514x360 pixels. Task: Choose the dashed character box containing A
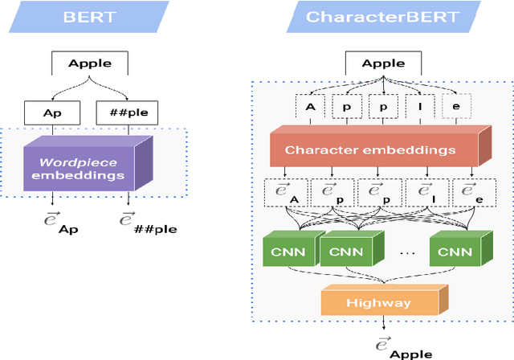tap(310, 105)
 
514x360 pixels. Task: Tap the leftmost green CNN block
tap(286, 250)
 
